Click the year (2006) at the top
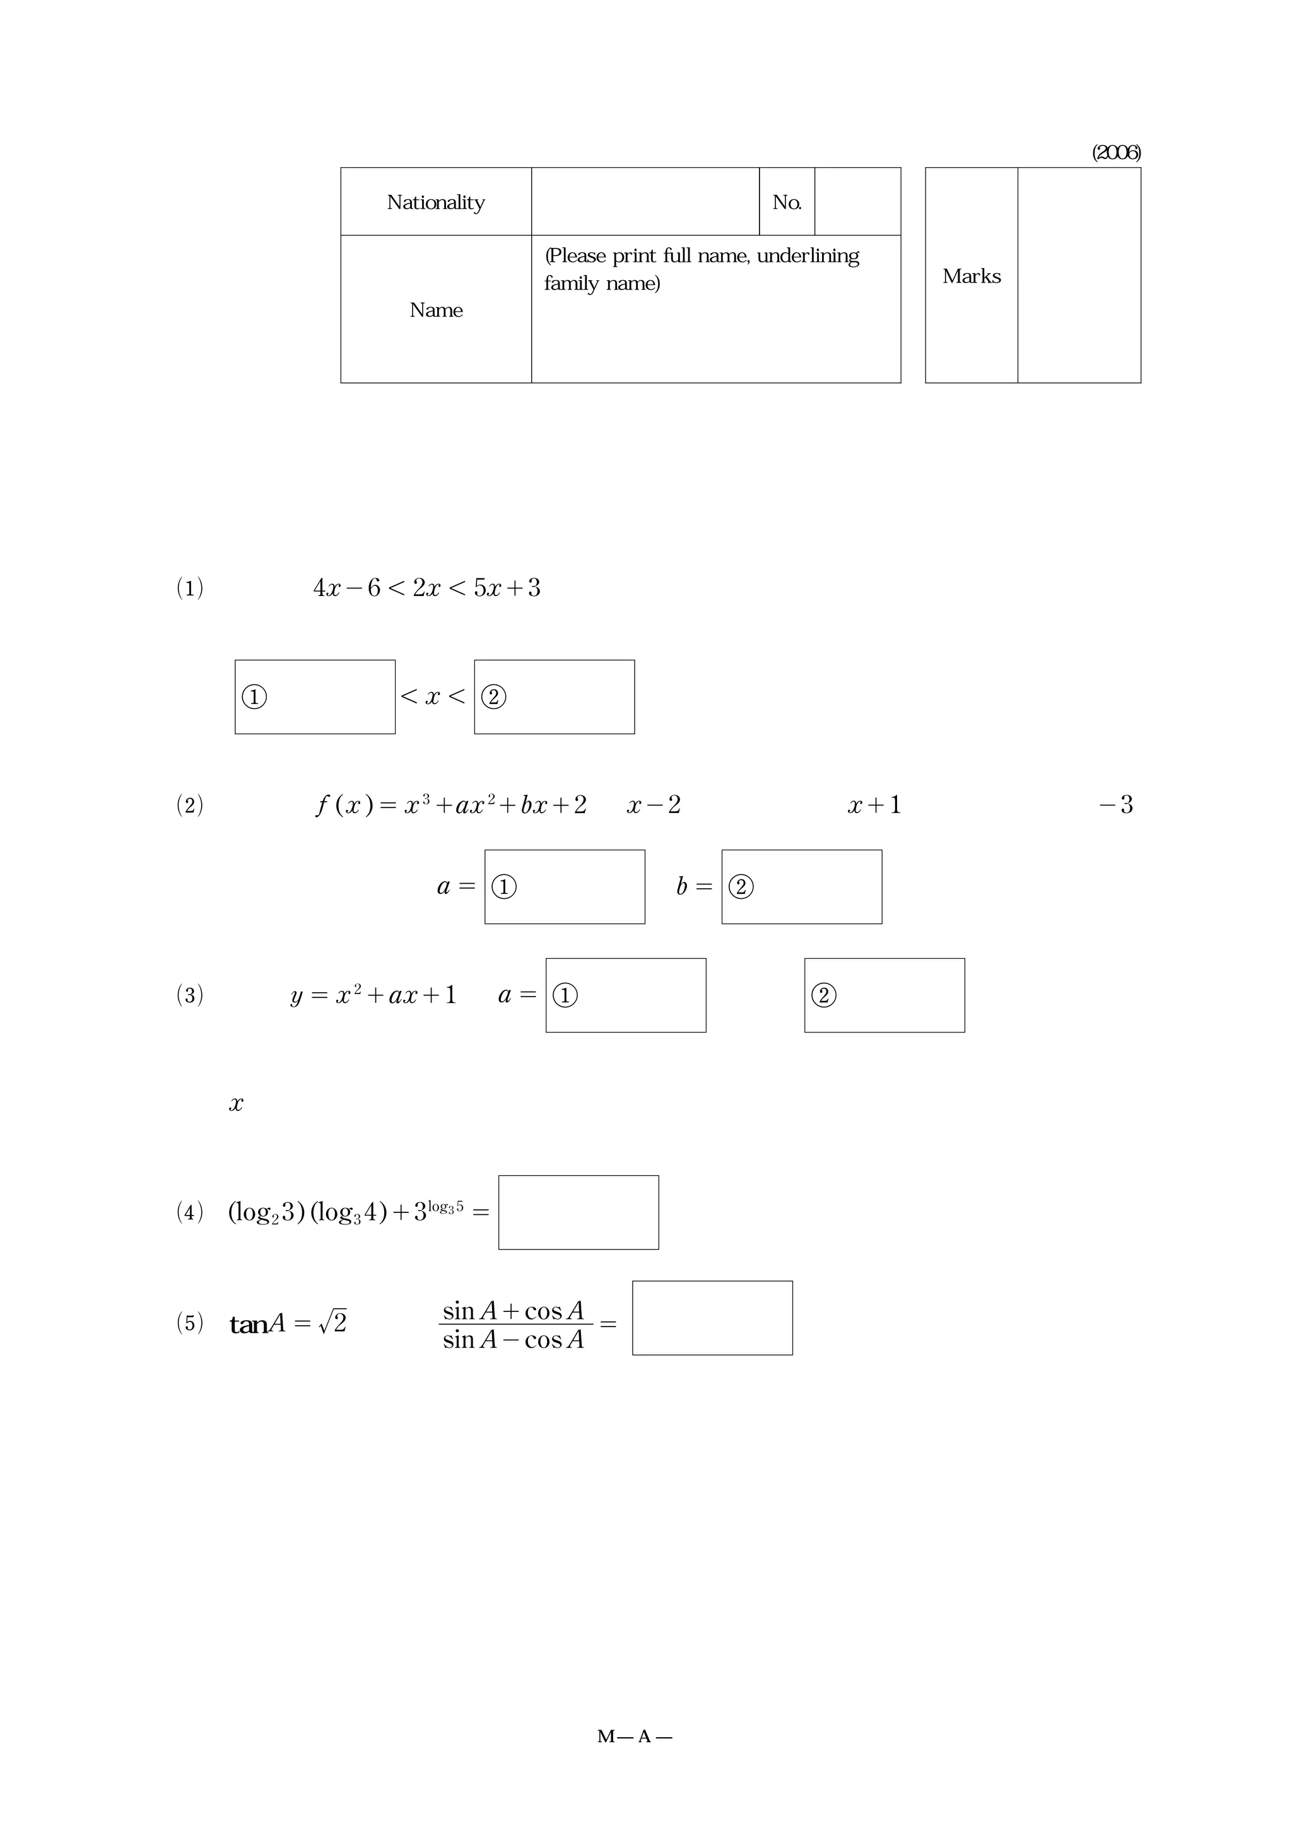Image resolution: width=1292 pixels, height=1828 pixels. coord(1115,153)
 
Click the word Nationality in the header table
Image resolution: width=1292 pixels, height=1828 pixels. coord(435,202)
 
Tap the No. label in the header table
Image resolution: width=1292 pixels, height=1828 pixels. coord(787,202)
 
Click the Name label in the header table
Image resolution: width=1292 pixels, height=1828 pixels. coord(435,310)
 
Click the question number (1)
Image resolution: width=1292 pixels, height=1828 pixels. coord(189,589)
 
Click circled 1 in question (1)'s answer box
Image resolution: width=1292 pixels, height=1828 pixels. coord(254,698)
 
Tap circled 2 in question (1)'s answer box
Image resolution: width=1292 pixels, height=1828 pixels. coord(493,698)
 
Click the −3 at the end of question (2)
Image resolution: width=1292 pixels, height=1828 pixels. coord(1116,805)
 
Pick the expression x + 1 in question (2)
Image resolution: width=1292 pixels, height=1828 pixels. coord(874,806)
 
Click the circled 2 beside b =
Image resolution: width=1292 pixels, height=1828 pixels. coord(741,887)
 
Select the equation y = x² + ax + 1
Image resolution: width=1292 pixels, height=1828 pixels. coord(373,995)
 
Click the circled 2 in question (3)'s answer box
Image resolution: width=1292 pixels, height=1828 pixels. coord(824,995)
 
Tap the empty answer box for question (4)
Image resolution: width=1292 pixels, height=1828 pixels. coord(578,1212)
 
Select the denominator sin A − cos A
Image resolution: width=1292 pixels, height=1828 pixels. coord(514,1340)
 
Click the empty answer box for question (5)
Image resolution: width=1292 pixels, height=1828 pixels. coord(712,1318)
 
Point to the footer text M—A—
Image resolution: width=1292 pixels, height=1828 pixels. coord(635,1737)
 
